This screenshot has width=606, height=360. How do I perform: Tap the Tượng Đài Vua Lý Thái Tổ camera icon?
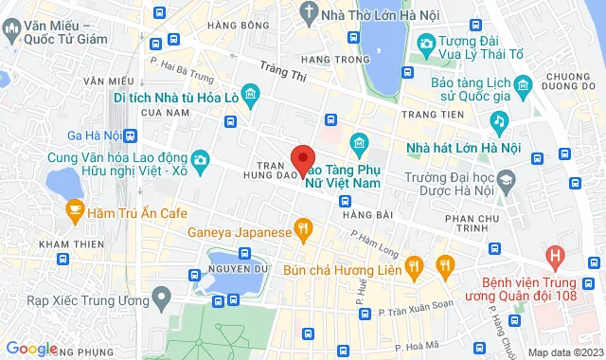click(426, 44)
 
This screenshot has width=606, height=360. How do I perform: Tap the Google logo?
click(31, 349)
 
